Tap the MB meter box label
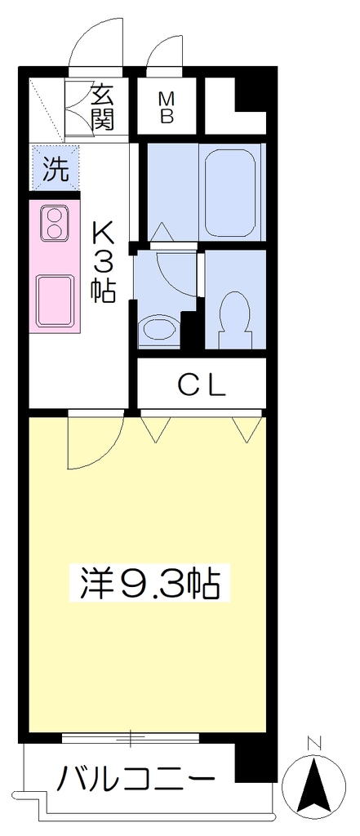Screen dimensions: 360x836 pyautogui.click(x=167, y=108)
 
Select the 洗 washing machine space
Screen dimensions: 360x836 pyautogui.click(x=56, y=168)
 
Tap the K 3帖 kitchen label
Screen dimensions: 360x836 pyautogui.click(x=104, y=261)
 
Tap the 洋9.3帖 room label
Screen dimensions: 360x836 pyautogui.click(x=150, y=583)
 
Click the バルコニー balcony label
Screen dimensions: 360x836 pyautogui.click(x=136, y=780)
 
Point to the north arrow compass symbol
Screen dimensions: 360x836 pyautogui.click(x=314, y=780)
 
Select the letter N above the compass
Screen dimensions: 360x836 pyautogui.click(x=314, y=743)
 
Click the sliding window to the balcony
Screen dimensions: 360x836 pyautogui.click(x=131, y=737)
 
